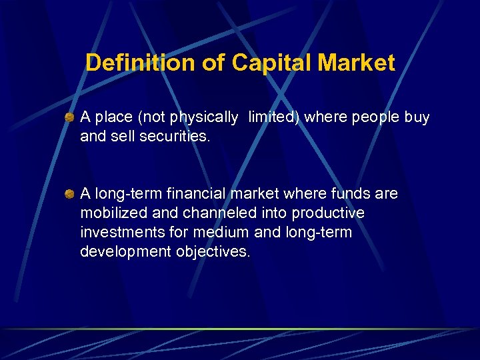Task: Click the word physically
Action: [204, 118]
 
